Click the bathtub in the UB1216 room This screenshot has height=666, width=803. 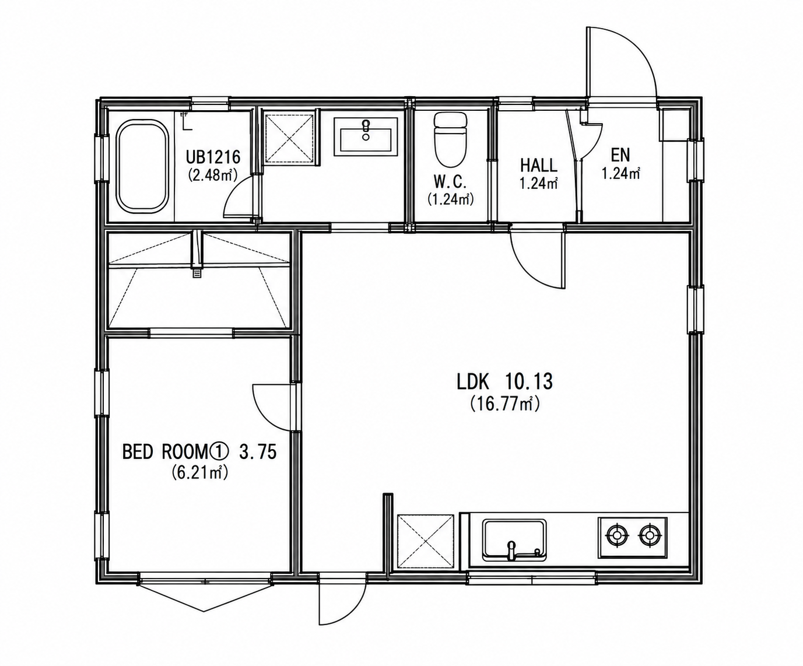(x=143, y=166)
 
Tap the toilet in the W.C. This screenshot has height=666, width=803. (x=450, y=141)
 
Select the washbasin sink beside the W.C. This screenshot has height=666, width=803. (x=366, y=136)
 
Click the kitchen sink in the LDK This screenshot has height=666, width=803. (x=514, y=539)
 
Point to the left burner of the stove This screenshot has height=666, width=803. (x=617, y=535)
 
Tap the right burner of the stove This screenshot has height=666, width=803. (x=650, y=535)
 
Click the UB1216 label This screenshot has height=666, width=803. (x=213, y=157)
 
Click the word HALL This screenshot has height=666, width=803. (x=538, y=166)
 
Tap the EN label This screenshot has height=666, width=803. (x=620, y=155)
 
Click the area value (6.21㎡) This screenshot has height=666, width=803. (x=200, y=472)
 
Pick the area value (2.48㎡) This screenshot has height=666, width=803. (x=213, y=175)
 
